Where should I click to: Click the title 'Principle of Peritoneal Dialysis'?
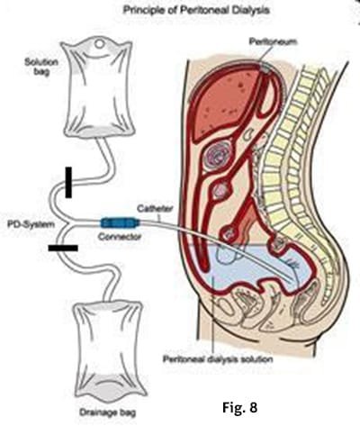[196, 10]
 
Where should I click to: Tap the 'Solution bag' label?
[41, 67]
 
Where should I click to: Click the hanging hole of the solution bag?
[99, 44]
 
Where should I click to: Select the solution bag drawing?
[98, 87]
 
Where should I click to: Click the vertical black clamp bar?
[68, 183]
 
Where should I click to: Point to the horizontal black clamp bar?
[63, 248]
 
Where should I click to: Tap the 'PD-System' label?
[31, 224]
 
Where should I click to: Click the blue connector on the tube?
[120, 223]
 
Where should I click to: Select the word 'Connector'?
[120, 237]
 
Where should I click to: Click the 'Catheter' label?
[155, 208]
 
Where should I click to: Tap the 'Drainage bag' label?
[107, 412]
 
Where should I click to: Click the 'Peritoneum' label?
[273, 41]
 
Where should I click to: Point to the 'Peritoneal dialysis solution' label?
[218, 359]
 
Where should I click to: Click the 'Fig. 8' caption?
[239, 407]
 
